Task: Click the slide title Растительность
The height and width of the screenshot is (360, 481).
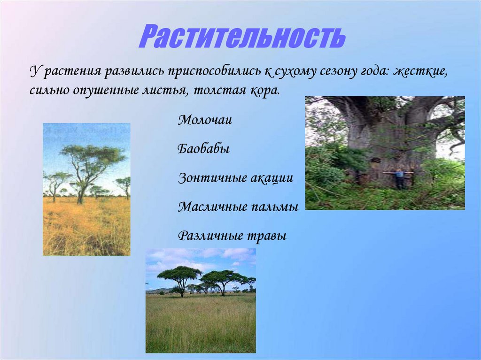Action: pyautogui.click(x=242, y=37)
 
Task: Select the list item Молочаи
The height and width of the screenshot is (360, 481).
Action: pyautogui.click(x=205, y=120)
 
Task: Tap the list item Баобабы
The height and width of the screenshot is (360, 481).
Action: pyautogui.click(x=203, y=149)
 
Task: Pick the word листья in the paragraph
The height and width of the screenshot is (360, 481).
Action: pyautogui.click(x=167, y=90)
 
